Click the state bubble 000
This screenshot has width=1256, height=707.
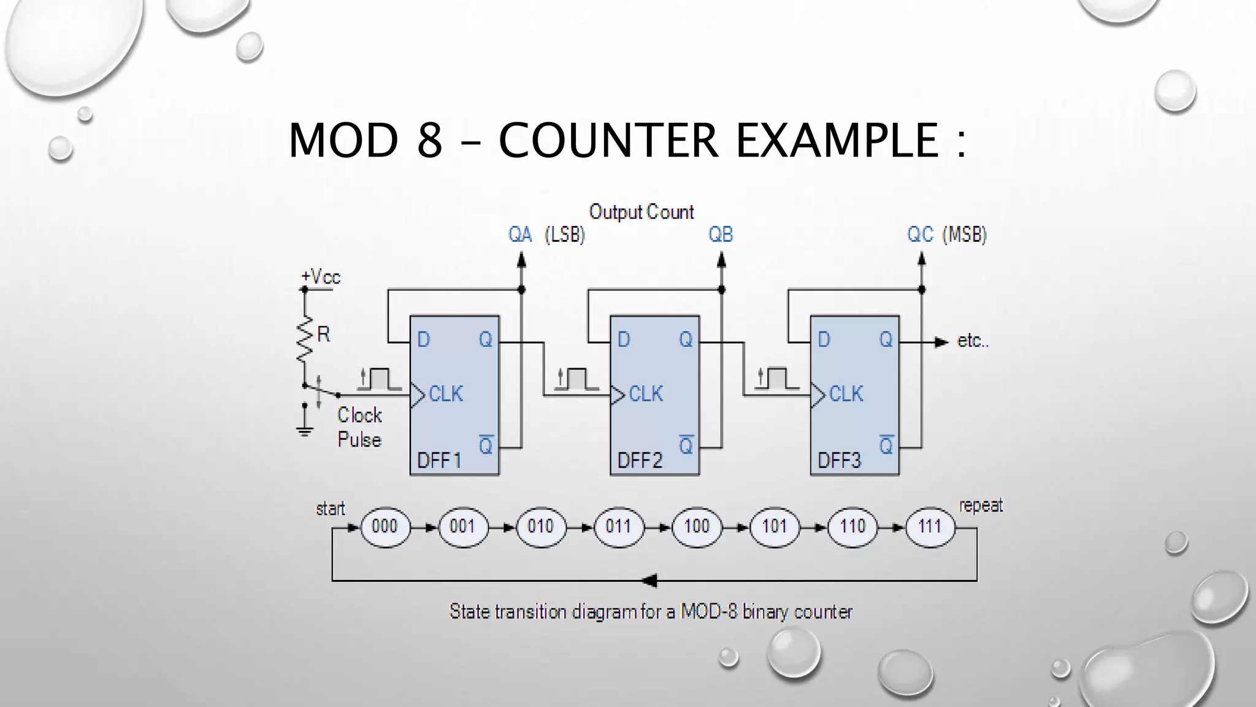pyautogui.click(x=385, y=527)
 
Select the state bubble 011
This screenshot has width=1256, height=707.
pyautogui.click(x=618, y=527)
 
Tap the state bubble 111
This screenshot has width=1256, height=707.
pyautogui.click(x=930, y=527)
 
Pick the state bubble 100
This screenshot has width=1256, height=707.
pyautogui.click(x=697, y=527)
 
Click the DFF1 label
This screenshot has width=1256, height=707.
pyautogui.click(x=438, y=460)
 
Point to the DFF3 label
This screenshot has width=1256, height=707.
pyautogui.click(x=839, y=460)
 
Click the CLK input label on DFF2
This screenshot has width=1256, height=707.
pyautogui.click(x=646, y=394)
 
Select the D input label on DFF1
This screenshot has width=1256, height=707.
pyautogui.click(x=423, y=339)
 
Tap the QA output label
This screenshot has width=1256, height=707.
pyautogui.click(x=520, y=234)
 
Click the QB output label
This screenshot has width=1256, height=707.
pyautogui.click(x=721, y=234)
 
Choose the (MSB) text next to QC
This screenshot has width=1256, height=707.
pyautogui.click(x=965, y=234)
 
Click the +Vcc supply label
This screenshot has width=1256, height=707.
pyautogui.click(x=321, y=277)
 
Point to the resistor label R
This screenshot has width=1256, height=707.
pyautogui.click(x=324, y=334)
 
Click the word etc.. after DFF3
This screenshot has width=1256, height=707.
pyautogui.click(x=973, y=341)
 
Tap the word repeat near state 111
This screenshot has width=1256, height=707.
pyautogui.click(x=981, y=506)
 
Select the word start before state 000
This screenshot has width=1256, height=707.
pyautogui.click(x=331, y=509)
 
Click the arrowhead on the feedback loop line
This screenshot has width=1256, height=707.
pyautogui.click(x=649, y=580)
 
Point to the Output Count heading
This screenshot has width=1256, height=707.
pyautogui.click(x=641, y=212)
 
